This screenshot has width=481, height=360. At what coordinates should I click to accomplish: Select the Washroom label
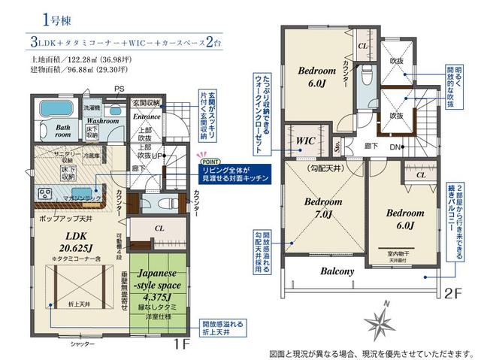coord(104,119)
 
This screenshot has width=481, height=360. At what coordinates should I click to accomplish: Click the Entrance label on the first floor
coord(147,117)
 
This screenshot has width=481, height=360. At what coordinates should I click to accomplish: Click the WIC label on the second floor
coord(306,141)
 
